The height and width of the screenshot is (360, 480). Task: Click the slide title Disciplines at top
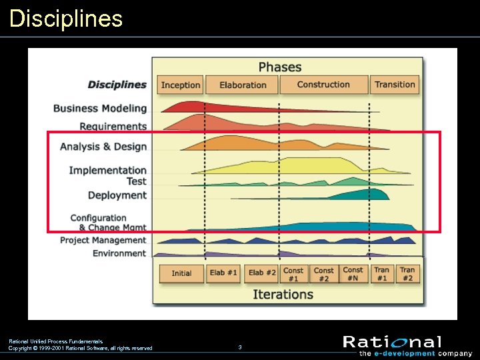point(66,18)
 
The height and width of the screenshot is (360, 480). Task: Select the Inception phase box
point(181,85)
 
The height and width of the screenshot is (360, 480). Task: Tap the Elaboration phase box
point(242,85)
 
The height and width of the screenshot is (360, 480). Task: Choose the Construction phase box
point(323,85)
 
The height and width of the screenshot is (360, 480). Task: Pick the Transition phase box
point(395,85)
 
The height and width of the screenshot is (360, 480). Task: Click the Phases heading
point(280,67)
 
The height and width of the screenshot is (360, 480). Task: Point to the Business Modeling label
point(100,108)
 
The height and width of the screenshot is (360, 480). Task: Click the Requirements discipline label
point(113,126)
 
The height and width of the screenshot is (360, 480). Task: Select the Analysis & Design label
point(103,147)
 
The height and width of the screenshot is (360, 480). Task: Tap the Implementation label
point(107,170)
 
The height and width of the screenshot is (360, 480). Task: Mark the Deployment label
point(117,195)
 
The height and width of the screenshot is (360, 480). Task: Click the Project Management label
point(103,240)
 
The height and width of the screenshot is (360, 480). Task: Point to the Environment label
point(119,253)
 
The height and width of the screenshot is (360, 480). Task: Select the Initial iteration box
point(181,273)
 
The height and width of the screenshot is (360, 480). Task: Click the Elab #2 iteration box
point(262,273)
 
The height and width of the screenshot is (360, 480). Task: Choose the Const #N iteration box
point(353,274)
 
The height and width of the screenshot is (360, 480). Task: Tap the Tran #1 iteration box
point(382,274)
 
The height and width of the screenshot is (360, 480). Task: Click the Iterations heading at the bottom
point(283,294)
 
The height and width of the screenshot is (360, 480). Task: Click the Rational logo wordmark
point(392,342)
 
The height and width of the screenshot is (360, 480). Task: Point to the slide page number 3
point(240,347)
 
